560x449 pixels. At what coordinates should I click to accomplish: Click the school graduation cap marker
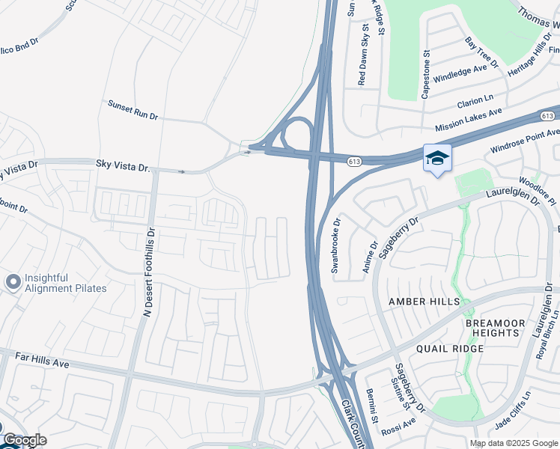(437, 158)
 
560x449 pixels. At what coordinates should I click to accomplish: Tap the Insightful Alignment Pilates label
(66, 282)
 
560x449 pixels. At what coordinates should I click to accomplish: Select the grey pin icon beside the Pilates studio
(13, 282)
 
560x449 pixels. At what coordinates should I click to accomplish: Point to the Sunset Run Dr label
(133, 111)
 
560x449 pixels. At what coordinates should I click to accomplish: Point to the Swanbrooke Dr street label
(338, 246)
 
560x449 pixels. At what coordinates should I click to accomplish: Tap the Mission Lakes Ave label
(468, 117)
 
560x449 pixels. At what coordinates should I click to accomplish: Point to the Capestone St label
(426, 74)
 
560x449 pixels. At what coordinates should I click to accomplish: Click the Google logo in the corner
(24, 440)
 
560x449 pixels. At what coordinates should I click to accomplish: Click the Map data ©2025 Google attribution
(514, 443)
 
